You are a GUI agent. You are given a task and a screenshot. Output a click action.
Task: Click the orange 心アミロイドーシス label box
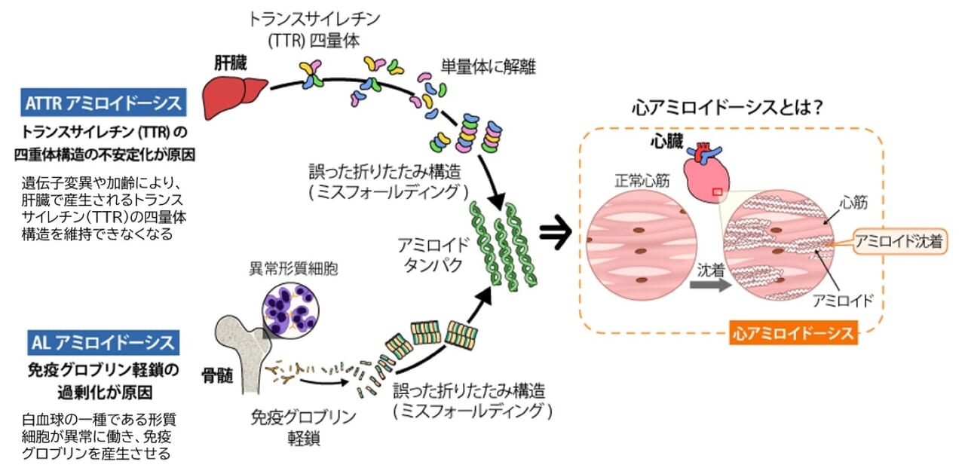click(x=792, y=332)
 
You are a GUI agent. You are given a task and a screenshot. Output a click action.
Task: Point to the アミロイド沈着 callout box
click(x=899, y=241)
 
